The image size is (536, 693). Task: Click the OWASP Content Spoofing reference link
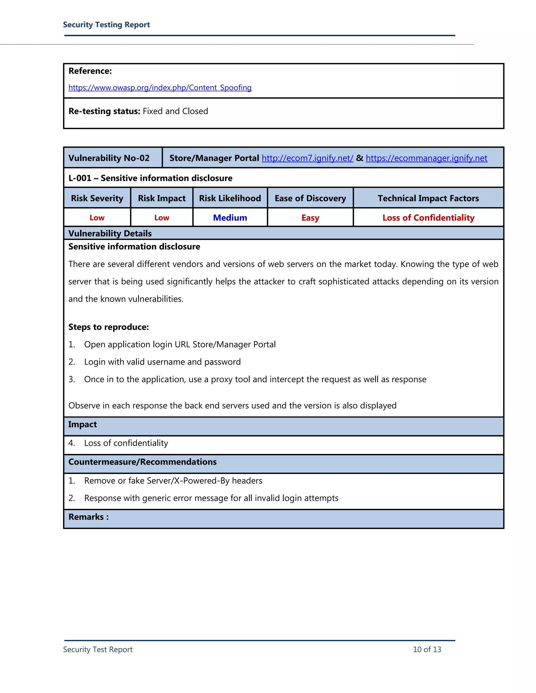[x=160, y=88]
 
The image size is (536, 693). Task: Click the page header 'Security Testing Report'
[x=106, y=25]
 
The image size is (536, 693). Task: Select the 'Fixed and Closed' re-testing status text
[x=175, y=111]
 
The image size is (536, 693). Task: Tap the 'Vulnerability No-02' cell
[x=109, y=158]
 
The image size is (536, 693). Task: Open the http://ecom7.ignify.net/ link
[x=307, y=158]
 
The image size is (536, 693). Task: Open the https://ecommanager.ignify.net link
[x=426, y=158]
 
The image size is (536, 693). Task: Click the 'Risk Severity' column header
[x=97, y=198]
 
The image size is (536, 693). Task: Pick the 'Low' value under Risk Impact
[x=162, y=218]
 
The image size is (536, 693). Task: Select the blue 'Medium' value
[x=230, y=218]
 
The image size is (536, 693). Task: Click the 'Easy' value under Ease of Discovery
[x=310, y=218]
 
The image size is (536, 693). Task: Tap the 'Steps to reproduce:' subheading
[x=109, y=327]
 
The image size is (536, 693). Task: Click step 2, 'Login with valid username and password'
[x=162, y=362]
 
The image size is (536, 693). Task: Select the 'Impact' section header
[x=82, y=424]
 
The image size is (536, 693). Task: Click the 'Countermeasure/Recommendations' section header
[x=142, y=462]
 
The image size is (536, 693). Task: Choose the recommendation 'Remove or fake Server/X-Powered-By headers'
[x=173, y=481]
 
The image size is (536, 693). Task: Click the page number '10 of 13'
[x=427, y=650]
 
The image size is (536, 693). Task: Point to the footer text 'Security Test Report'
[x=98, y=650]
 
